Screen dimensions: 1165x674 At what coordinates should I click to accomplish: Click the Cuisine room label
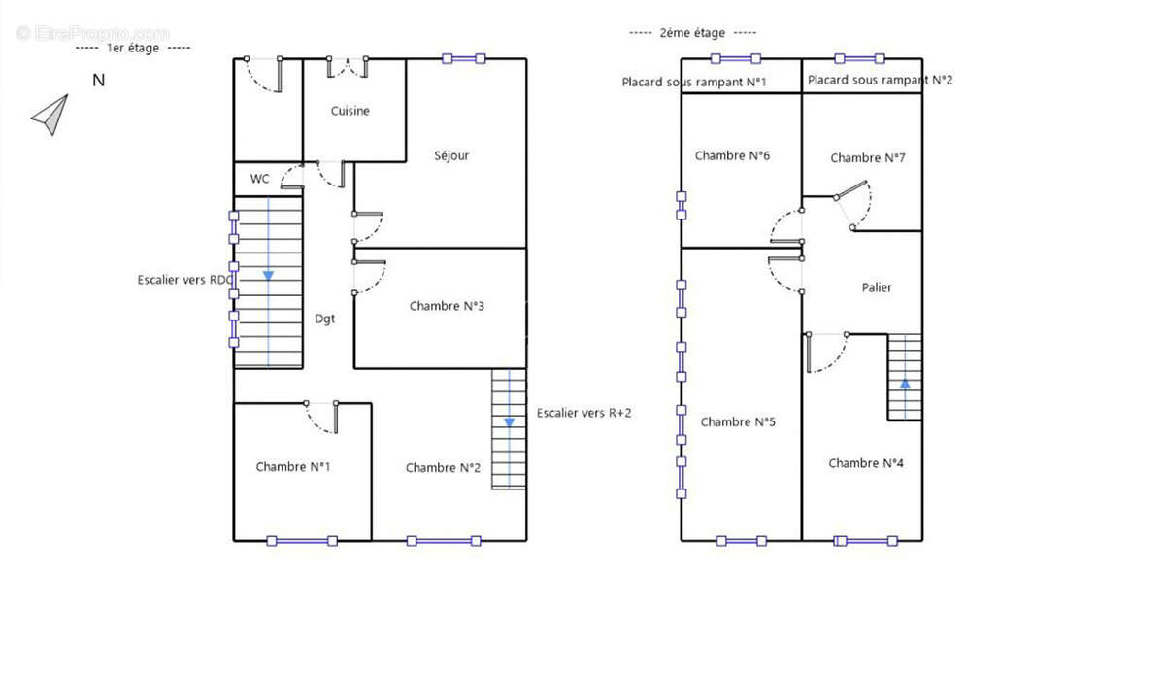[x=350, y=111]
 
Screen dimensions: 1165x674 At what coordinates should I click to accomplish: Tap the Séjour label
[x=451, y=155]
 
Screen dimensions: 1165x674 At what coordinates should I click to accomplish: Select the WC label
[x=259, y=179]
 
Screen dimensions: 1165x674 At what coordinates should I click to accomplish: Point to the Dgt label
[x=324, y=319]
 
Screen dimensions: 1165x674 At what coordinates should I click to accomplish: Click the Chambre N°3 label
[x=447, y=306]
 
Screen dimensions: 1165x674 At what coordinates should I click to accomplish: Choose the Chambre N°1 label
[x=293, y=467]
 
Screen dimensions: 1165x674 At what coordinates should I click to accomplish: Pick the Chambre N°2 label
[x=443, y=468]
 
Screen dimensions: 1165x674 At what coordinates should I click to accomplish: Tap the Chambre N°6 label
[x=732, y=155]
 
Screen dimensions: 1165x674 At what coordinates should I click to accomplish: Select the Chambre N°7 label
[x=868, y=157]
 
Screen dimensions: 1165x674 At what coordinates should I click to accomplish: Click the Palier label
[x=877, y=287]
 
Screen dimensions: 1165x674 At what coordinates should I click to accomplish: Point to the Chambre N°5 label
[x=738, y=421]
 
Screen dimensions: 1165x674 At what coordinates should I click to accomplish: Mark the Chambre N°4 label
[x=866, y=463]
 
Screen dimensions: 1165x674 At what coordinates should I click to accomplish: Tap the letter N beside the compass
[x=99, y=81]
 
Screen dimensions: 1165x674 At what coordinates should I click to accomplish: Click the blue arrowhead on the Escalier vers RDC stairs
[x=268, y=275]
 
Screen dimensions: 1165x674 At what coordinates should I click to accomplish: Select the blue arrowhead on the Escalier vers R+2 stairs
[x=509, y=422]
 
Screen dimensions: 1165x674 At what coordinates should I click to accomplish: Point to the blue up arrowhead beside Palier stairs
[x=905, y=384]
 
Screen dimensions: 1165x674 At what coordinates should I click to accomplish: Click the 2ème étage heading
[x=692, y=33]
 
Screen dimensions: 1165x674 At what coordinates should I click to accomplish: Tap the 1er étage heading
[x=133, y=48]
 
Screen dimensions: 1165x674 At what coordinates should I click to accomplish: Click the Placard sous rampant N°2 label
[x=880, y=80]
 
